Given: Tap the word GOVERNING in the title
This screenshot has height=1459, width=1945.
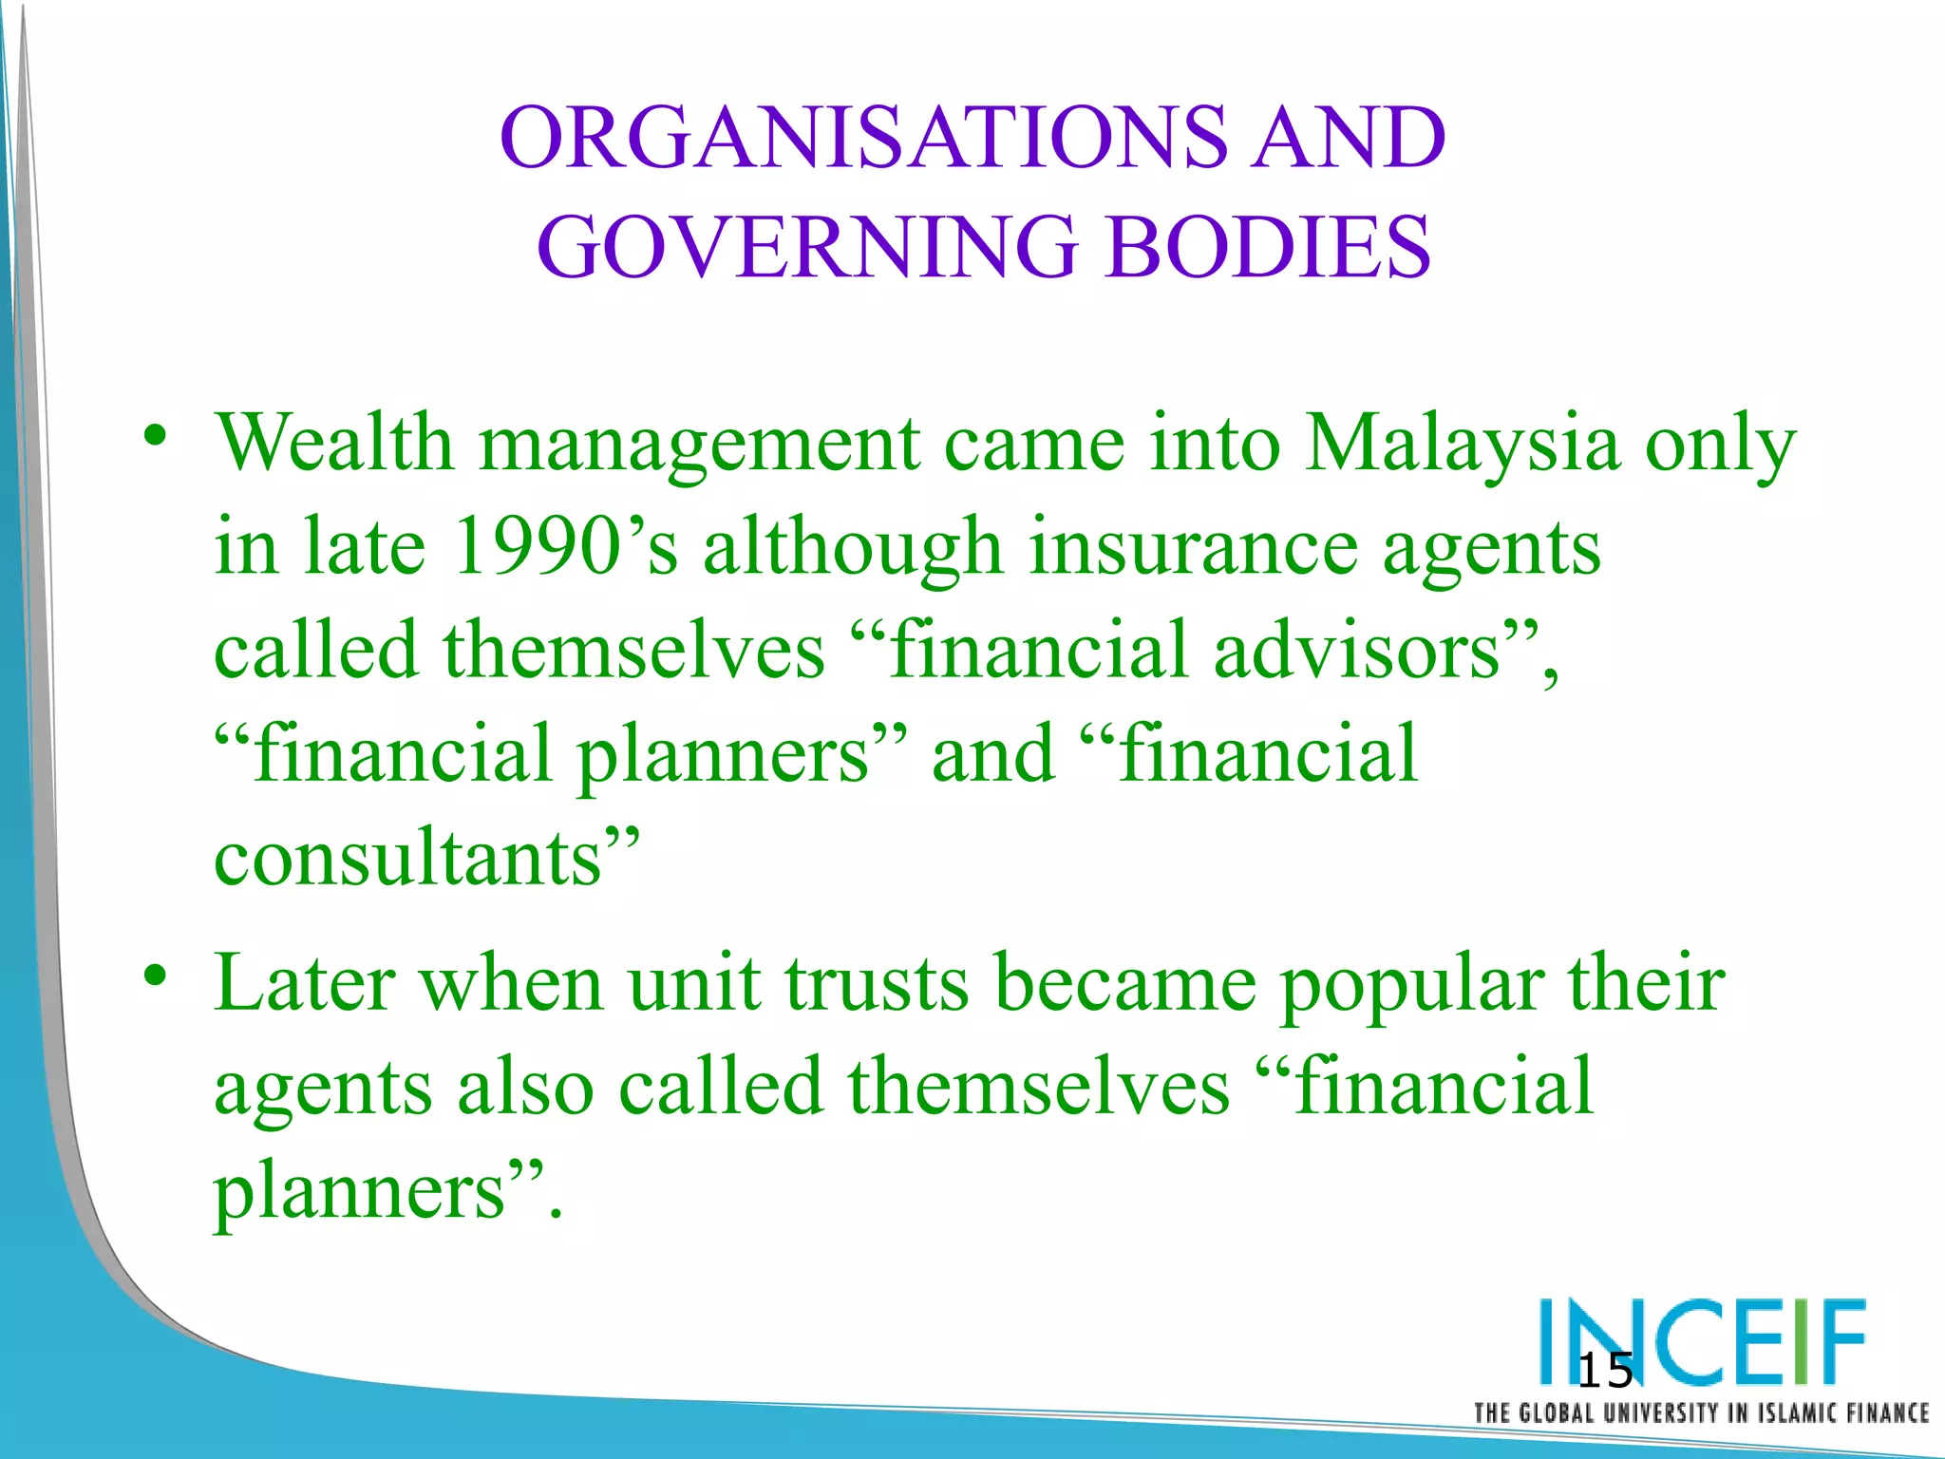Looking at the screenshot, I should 807,247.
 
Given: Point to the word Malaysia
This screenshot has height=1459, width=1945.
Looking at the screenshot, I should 1462,445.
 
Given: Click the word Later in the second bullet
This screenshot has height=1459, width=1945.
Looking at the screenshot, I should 305,983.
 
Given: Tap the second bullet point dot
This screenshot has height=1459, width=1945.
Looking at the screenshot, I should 156,977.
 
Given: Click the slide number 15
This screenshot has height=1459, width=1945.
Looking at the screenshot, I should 1604,1372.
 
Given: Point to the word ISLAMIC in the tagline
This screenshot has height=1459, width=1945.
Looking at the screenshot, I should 1795,1412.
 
